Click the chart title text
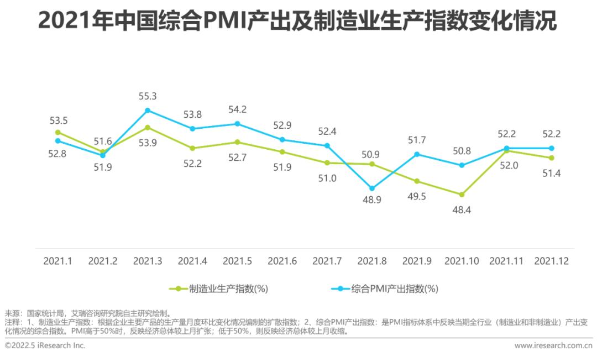[298, 22]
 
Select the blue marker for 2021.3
[148, 111]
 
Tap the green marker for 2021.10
[462, 195]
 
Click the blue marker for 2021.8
[372, 188]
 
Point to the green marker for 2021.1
[57, 133]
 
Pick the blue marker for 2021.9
[417, 154]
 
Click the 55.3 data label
[147, 96]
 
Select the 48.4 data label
[461, 210]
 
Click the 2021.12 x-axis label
[551, 261]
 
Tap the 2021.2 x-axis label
[103, 261]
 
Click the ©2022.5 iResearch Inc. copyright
[45, 345]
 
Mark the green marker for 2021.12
[551, 158]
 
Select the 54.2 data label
[237, 109]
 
